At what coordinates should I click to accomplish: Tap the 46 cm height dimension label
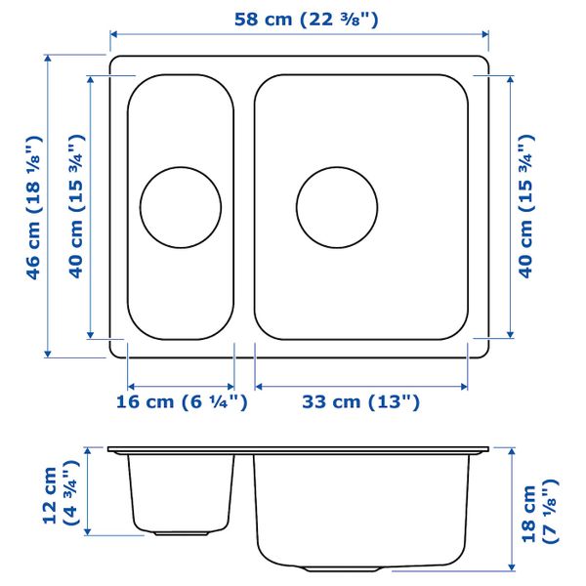point(35,207)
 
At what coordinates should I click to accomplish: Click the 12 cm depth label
point(60,496)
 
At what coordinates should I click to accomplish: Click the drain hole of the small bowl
point(181,206)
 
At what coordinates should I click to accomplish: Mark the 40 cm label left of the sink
point(76,207)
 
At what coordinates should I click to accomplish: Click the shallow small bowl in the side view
point(181,493)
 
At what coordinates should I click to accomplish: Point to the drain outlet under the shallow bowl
point(181,533)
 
